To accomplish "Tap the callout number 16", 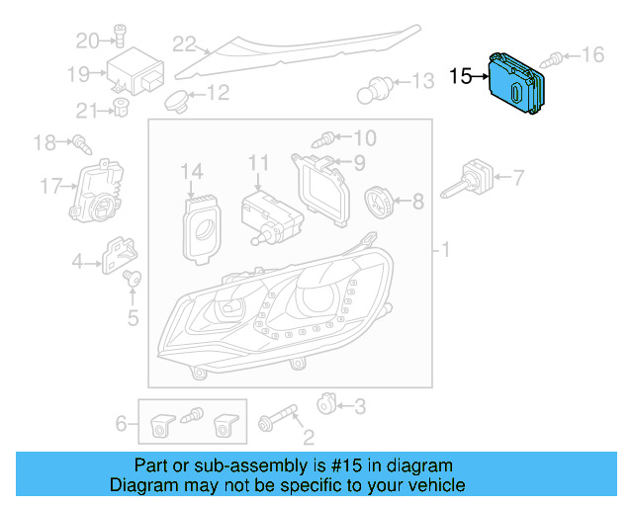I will coord(591,54).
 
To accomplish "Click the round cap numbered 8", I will coord(379,203).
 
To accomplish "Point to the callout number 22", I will coord(183,43).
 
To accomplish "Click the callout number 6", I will coord(122,424).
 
